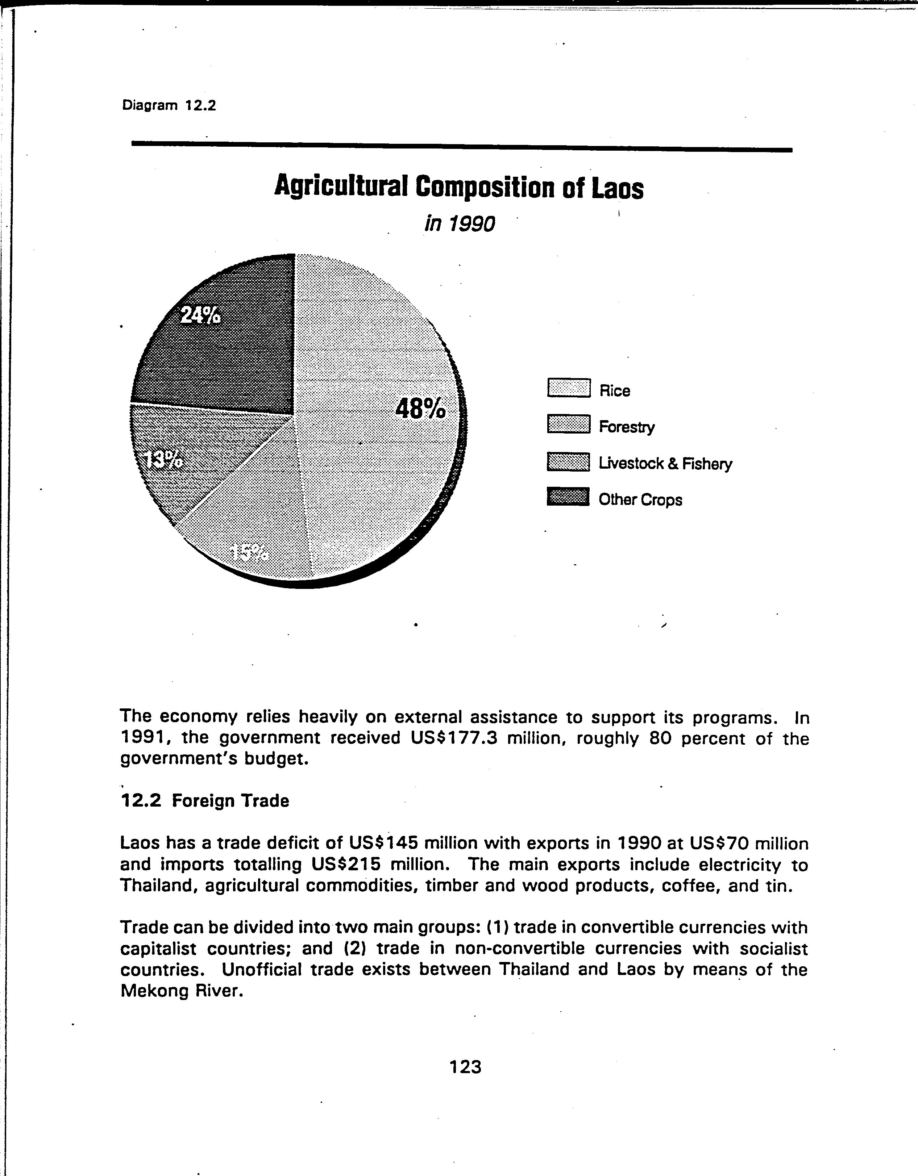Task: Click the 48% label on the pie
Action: (420, 409)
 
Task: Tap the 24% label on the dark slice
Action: (200, 315)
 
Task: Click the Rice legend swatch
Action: (568, 388)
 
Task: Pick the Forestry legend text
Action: (627, 427)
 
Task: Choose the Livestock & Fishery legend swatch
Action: (568, 461)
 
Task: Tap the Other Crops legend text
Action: (640, 500)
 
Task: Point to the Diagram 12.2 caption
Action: (169, 105)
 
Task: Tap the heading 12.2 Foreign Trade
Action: (205, 801)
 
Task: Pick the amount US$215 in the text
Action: (345, 864)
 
